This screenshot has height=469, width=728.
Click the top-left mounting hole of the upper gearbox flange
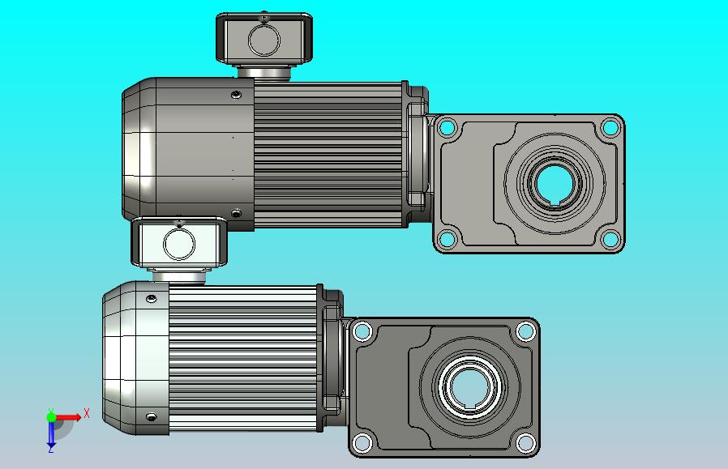point(448,127)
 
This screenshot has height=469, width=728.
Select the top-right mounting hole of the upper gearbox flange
point(610,127)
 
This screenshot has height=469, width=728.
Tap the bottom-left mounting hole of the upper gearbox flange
point(448,239)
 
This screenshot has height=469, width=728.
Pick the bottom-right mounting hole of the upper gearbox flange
point(610,239)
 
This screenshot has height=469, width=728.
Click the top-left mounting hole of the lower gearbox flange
point(362,331)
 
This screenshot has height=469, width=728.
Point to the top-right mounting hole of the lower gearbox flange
point(525,331)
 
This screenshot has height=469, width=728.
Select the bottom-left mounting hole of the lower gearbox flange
point(362,442)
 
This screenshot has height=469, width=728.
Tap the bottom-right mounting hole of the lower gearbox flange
point(525,442)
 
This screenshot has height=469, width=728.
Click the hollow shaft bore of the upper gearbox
point(555,182)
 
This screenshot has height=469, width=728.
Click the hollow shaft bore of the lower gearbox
point(470,387)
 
